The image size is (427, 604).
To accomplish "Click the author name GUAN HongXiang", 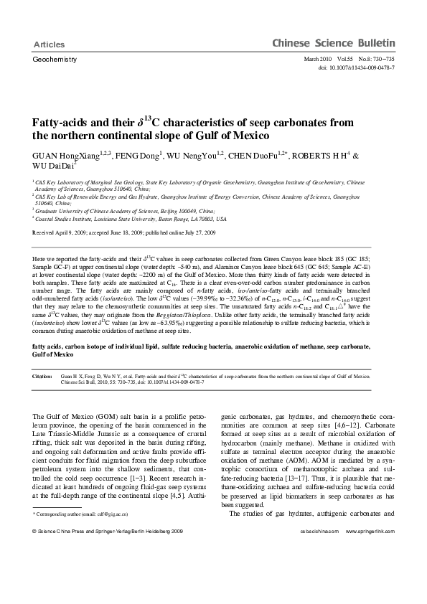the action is (x=60, y=155).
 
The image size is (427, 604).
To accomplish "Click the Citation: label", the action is (x=43, y=376).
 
